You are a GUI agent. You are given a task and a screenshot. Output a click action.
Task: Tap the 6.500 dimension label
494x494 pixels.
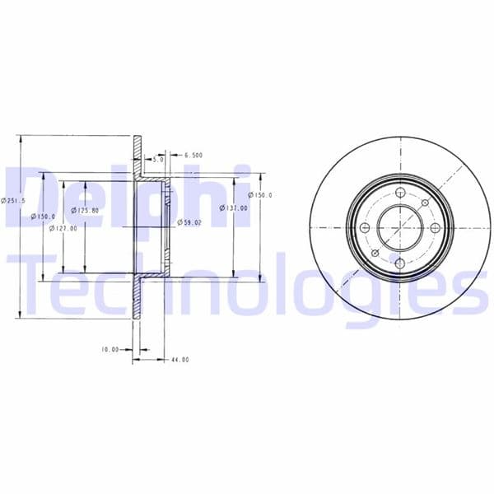[x=194, y=155]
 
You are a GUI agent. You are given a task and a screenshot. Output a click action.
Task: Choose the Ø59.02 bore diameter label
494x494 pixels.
[x=189, y=222]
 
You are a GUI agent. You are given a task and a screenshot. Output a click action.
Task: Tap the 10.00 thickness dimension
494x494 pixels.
[x=110, y=349]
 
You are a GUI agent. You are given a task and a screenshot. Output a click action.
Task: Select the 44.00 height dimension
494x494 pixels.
[x=179, y=359]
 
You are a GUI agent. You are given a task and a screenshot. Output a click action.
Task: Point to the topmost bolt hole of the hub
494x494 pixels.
[x=398, y=191]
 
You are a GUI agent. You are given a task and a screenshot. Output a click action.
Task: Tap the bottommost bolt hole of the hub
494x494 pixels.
[x=398, y=263]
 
